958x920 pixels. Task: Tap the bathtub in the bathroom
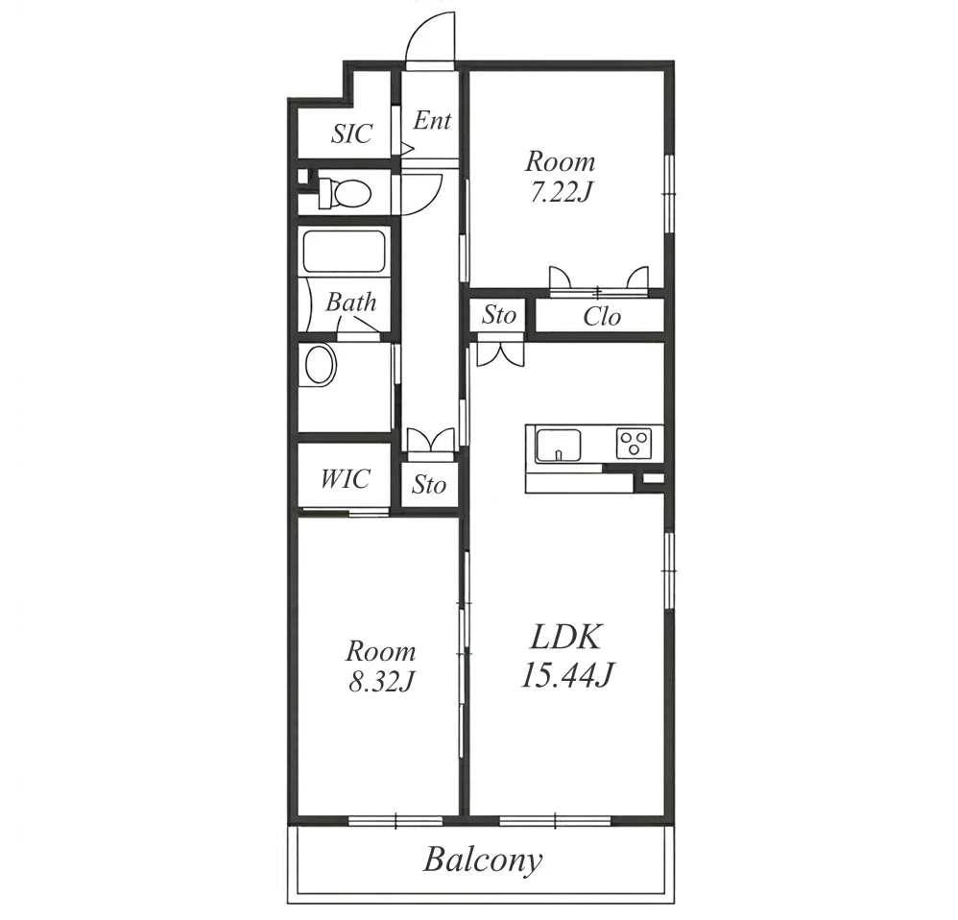coord(344,252)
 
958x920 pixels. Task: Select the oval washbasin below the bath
coord(321,365)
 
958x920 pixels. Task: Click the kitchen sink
coord(559,446)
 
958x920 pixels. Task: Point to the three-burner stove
coord(635,443)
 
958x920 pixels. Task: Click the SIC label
coord(351,133)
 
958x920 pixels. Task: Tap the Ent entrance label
coord(432,120)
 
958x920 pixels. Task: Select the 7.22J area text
coord(561,193)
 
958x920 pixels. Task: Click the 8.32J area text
coord(382,682)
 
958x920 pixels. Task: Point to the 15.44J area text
coord(567,675)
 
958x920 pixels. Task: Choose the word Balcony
coord(483,860)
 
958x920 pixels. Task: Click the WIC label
coord(346,478)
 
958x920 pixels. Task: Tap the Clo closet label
coord(602,316)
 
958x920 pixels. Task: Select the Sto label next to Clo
coord(499,315)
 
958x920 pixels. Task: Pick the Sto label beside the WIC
coord(429,485)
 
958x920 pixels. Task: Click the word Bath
coord(350,302)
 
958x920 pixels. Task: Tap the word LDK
coord(566,637)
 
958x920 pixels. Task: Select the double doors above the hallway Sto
coord(431,440)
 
